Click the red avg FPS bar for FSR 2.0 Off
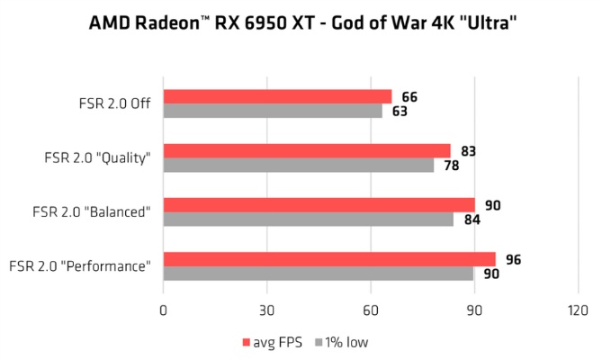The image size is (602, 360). pyautogui.click(x=277, y=96)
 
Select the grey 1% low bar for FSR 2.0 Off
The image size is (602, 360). pyautogui.click(x=273, y=112)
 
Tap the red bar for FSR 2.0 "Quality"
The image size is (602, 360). pyautogui.click(x=306, y=150)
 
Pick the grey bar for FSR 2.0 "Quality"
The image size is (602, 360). pyautogui.click(x=298, y=166)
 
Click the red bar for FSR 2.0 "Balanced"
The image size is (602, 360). pyautogui.click(x=319, y=204)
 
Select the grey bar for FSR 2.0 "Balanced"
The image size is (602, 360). pyautogui.click(x=308, y=219)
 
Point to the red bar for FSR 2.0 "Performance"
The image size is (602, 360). pyautogui.click(x=328, y=259)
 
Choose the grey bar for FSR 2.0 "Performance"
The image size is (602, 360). pyautogui.click(x=319, y=274)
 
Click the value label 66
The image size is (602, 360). pyautogui.click(x=410, y=97)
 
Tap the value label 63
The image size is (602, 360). pyautogui.click(x=400, y=112)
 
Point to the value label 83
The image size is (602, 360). pyautogui.click(x=469, y=150)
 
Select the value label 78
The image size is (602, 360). pyautogui.click(x=452, y=166)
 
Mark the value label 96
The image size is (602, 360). pyautogui.click(x=514, y=260)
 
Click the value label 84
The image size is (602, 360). pyautogui.click(x=472, y=220)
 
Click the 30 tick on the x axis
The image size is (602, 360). pyautogui.click(x=266, y=310)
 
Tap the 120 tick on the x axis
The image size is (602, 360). pyautogui.click(x=578, y=310)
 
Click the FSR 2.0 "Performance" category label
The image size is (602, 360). pyautogui.click(x=80, y=265)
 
